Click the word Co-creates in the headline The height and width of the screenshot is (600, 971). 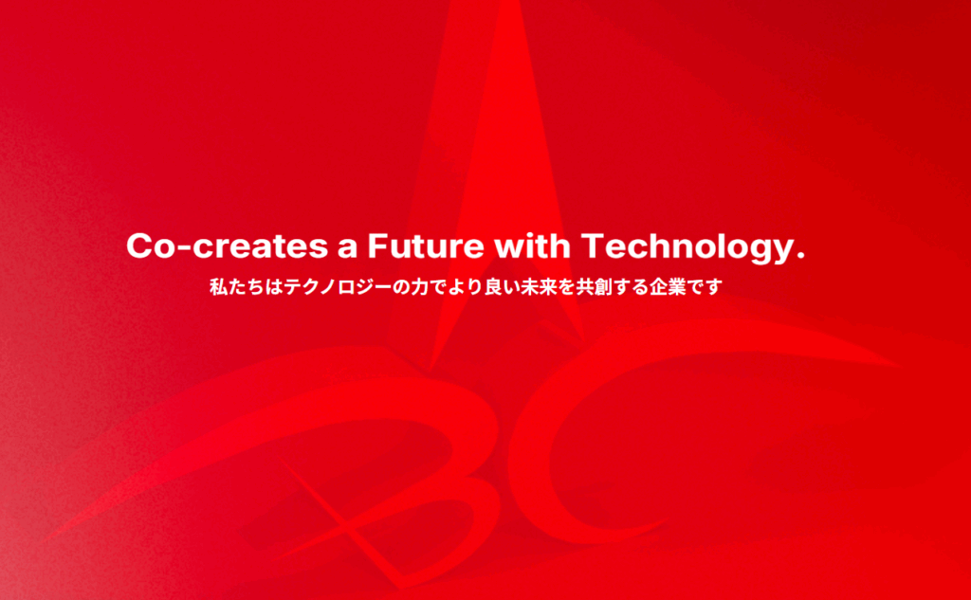pos(228,245)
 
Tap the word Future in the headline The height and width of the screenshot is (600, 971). pos(426,245)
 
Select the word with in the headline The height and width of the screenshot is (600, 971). pos(532,245)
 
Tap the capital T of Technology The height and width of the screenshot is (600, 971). pos(594,245)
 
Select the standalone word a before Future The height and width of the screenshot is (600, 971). pos(347,249)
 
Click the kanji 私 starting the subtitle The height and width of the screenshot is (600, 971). pos(219,287)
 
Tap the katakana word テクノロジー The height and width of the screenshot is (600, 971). pos(339,287)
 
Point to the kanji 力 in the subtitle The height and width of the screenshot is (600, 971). pos(421,287)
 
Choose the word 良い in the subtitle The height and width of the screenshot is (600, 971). pos(502,287)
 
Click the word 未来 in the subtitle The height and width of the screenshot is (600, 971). pos(539,287)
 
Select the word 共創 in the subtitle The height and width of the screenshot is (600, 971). pos(594,287)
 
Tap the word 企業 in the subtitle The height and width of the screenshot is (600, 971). pos(668,287)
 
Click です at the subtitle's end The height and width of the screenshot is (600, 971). pos(705,287)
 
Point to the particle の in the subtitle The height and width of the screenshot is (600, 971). pos(402,288)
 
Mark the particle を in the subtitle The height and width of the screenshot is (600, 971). pos(566,287)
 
